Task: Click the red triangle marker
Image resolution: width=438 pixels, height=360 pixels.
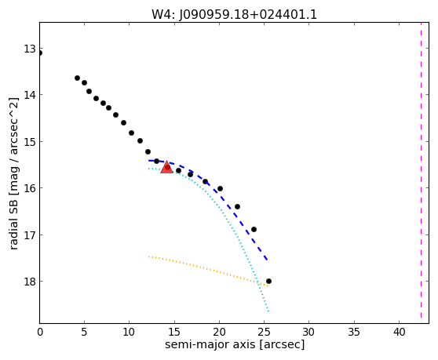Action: (x=166, y=167)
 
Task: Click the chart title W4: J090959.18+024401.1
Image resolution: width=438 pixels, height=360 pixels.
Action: (x=234, y=15)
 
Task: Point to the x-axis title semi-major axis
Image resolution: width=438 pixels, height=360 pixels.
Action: (x=210, y=344)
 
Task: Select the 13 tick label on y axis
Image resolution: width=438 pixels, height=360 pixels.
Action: (x=30, y=49)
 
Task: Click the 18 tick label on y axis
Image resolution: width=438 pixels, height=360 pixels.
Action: (x=30, y=282)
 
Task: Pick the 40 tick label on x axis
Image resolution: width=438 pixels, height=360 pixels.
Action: (x=400, y=332)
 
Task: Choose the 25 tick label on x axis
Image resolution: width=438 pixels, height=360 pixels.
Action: (x=265, y=332)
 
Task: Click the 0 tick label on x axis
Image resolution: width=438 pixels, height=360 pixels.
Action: (x=40, y=332)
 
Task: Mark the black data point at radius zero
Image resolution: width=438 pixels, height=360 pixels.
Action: (x=40, y=53)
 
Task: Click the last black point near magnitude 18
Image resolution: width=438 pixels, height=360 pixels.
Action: (x=268, y=281)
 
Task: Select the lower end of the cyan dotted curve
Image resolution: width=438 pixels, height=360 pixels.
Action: (x=268, y=311)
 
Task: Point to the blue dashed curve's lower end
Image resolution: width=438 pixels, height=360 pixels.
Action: (x=268, y=260)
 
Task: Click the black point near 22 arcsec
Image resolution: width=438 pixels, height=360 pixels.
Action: (x=237, y=206)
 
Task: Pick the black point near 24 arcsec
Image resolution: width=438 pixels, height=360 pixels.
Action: (x=254, y=229)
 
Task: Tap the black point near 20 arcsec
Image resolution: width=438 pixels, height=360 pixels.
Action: (x=220, y=189)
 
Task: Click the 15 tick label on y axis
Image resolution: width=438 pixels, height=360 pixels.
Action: (x=30, y=142)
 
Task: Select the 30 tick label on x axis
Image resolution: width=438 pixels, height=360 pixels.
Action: (x=309, y=332)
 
